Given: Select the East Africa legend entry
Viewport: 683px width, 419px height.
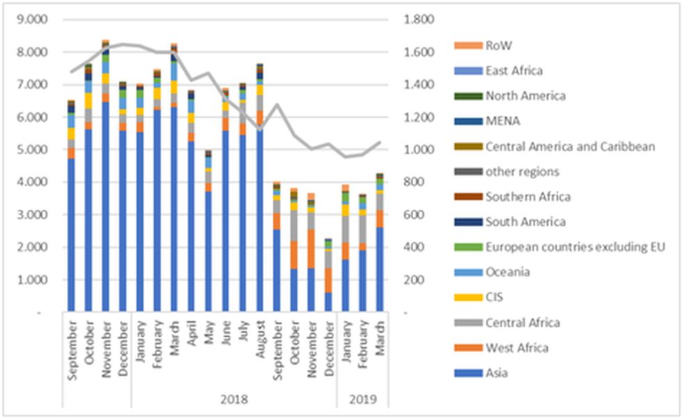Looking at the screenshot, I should pos(514,70).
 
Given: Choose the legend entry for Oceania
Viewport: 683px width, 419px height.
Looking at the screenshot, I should pos(507,272).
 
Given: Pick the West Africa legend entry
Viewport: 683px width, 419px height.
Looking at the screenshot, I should pos(516,347).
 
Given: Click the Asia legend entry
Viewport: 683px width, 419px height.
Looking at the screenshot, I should pos(497,372).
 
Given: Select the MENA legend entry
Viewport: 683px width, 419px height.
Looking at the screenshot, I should pos(500,121).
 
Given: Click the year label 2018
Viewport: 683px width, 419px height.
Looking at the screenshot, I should pos(233,400).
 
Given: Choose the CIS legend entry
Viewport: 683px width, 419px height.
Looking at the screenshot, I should pos(493,297).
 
